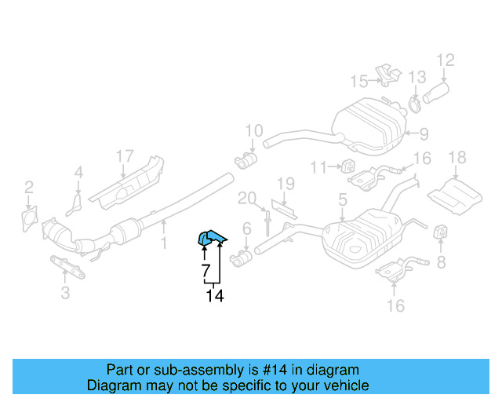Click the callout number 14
(x=215, y=296)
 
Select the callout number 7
(x=205, y=272)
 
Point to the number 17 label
(x=125, y=156)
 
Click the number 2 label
(x=28, y=187)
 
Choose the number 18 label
(x=457, y=159)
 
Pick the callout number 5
(x=343, y=200)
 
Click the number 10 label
(x=253, y=130)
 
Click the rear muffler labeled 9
(x=369, y=126)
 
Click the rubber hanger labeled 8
(x=440, y=232)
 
